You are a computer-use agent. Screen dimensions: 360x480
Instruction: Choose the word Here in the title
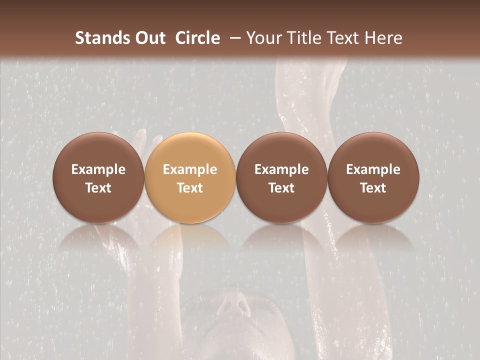384,38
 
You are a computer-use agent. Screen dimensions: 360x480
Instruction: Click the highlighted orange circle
190,177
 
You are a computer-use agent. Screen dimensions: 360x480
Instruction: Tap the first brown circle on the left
98,177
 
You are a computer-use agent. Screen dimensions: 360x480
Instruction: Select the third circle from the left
281,177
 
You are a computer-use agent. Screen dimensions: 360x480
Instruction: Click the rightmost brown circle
373,177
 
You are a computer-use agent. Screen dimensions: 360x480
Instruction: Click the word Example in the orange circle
190,169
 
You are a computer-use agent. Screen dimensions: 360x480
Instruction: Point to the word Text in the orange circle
190,188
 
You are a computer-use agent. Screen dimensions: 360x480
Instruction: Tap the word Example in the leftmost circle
98,169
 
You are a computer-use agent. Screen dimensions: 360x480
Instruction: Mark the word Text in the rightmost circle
373,188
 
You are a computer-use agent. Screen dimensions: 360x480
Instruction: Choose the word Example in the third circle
281,169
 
